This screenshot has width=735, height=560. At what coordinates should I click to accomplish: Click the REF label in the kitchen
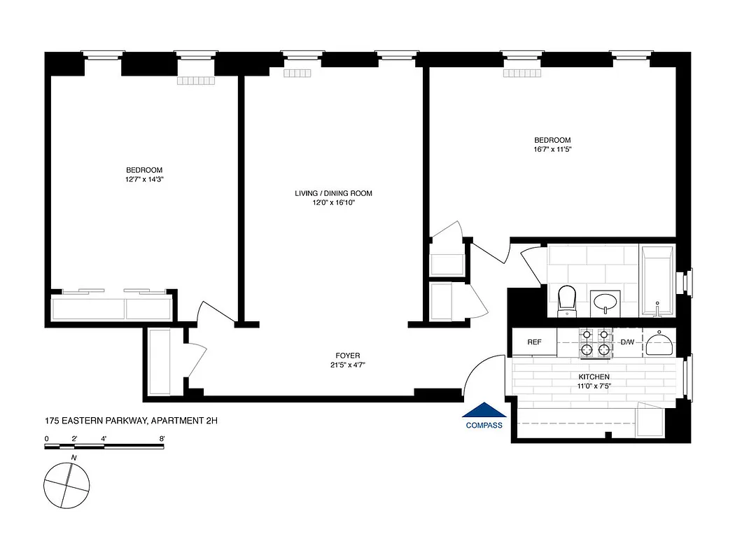534,342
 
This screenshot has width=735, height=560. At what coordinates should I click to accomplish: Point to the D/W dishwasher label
627,342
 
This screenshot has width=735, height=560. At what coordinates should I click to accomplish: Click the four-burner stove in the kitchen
594,342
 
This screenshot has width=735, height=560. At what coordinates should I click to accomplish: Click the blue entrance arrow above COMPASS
484,411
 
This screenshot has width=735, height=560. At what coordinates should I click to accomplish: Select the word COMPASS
484,425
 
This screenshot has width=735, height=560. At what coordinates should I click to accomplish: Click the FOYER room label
347,356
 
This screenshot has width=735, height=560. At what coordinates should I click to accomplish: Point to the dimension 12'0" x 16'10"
333,204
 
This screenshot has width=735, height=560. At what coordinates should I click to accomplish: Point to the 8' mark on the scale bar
162,439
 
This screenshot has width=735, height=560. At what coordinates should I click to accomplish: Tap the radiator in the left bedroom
196,80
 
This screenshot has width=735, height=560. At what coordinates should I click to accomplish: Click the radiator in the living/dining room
297,73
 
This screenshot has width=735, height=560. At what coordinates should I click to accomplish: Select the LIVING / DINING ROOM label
333,194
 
